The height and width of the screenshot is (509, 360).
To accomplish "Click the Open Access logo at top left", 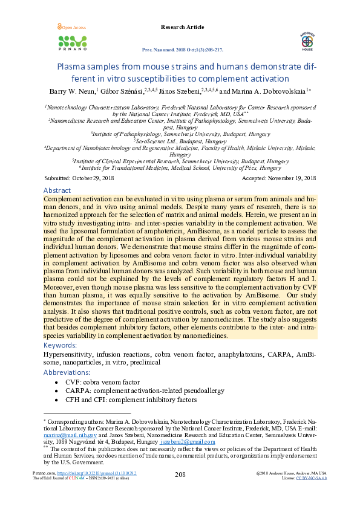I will coord(71,28).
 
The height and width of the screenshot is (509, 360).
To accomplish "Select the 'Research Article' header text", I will coord(183,27).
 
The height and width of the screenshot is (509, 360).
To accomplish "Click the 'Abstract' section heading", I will coord(57,190).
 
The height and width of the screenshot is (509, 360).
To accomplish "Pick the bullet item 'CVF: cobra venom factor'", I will coord(106,383).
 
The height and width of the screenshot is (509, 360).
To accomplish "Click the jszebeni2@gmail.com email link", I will coord(188,442).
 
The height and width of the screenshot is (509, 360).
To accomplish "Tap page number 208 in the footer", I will coord(180,475).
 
